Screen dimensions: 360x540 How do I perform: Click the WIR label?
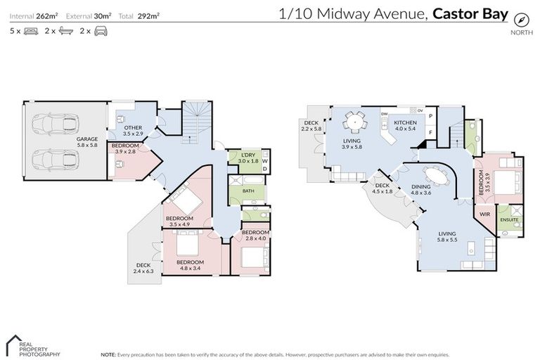click(x=484, y=214)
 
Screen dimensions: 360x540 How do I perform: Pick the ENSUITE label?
click(x=510, y=219)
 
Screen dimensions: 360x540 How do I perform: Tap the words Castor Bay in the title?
click(x=470, y=13)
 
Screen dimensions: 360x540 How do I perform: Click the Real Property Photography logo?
click(x=32, y=345)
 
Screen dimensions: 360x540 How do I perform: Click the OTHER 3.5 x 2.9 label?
click(x=133, y=131)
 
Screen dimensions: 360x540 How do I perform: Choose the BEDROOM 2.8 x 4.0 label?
click(x=255, y=235)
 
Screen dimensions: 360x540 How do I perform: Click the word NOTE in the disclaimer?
click(x=109, y=354)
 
